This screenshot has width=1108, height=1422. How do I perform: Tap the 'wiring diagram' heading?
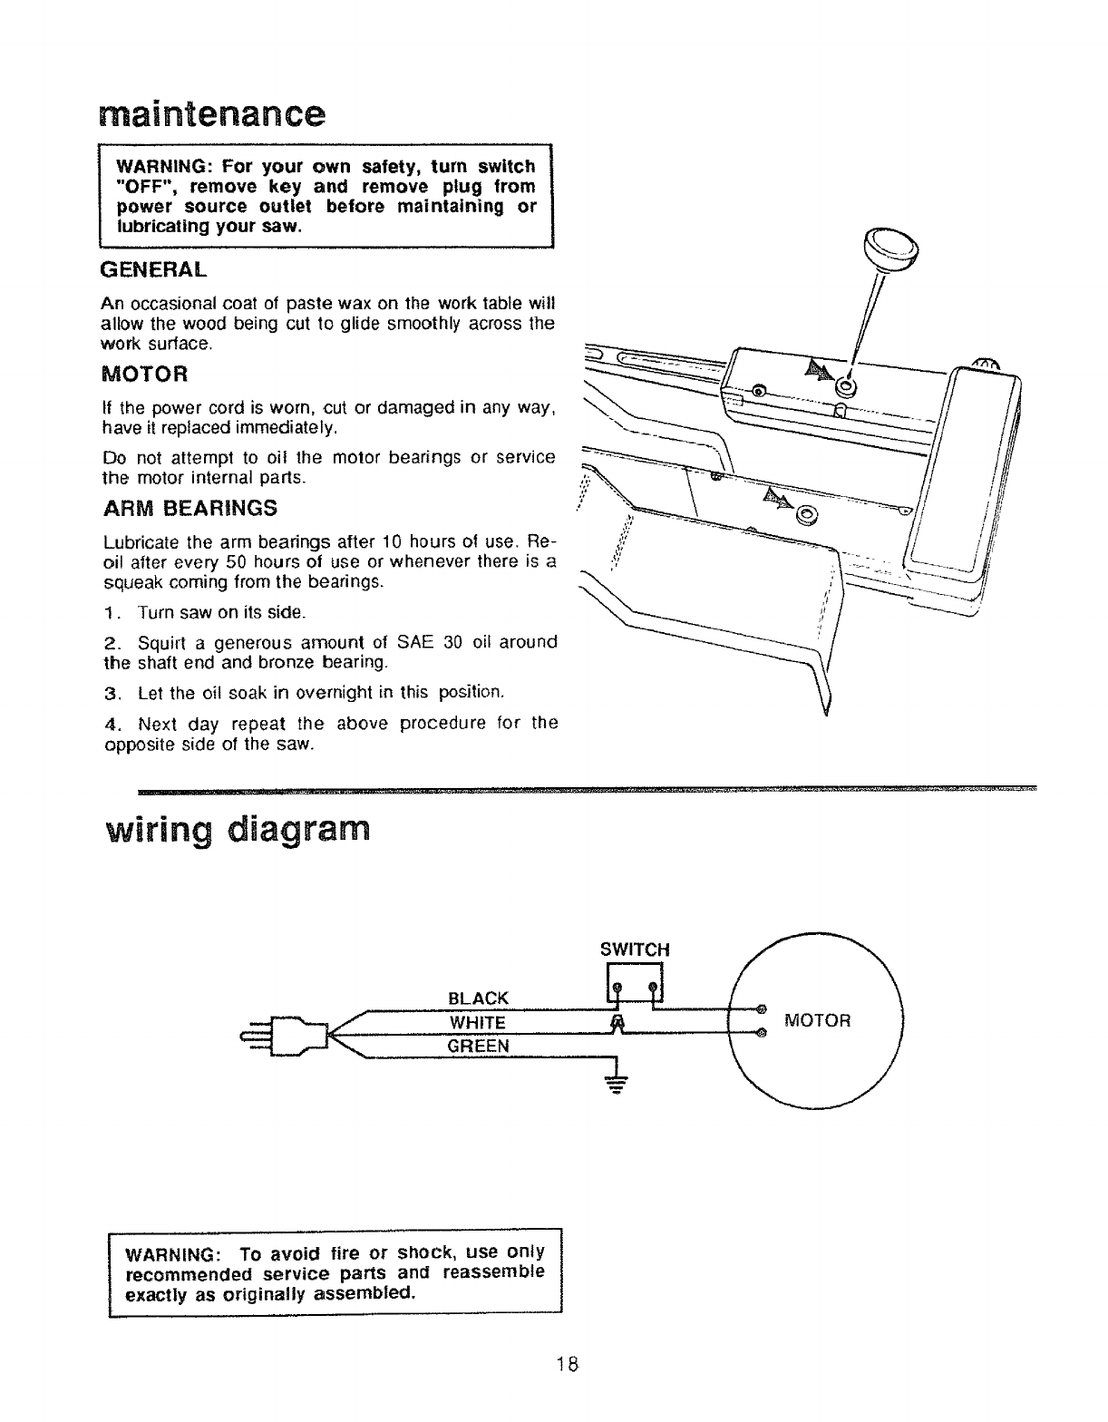pyautogui.click(x=238, y=830)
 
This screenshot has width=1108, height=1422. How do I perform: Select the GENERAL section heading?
pyautogui.click(x=153, y=269)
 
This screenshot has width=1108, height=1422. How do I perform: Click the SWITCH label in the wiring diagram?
pyautogui.click(x=635, y=950)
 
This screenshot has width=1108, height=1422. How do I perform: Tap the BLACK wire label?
pyautogui.click(x=479, y=998)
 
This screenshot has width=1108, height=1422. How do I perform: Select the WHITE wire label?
pyautogui.click(x=478, y=1022)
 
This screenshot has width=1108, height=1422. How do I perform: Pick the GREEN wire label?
pyautogui.click(x=479, y=1046)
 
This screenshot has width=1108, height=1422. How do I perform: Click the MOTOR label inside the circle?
pyautogui.click(x=818, y=1021)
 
